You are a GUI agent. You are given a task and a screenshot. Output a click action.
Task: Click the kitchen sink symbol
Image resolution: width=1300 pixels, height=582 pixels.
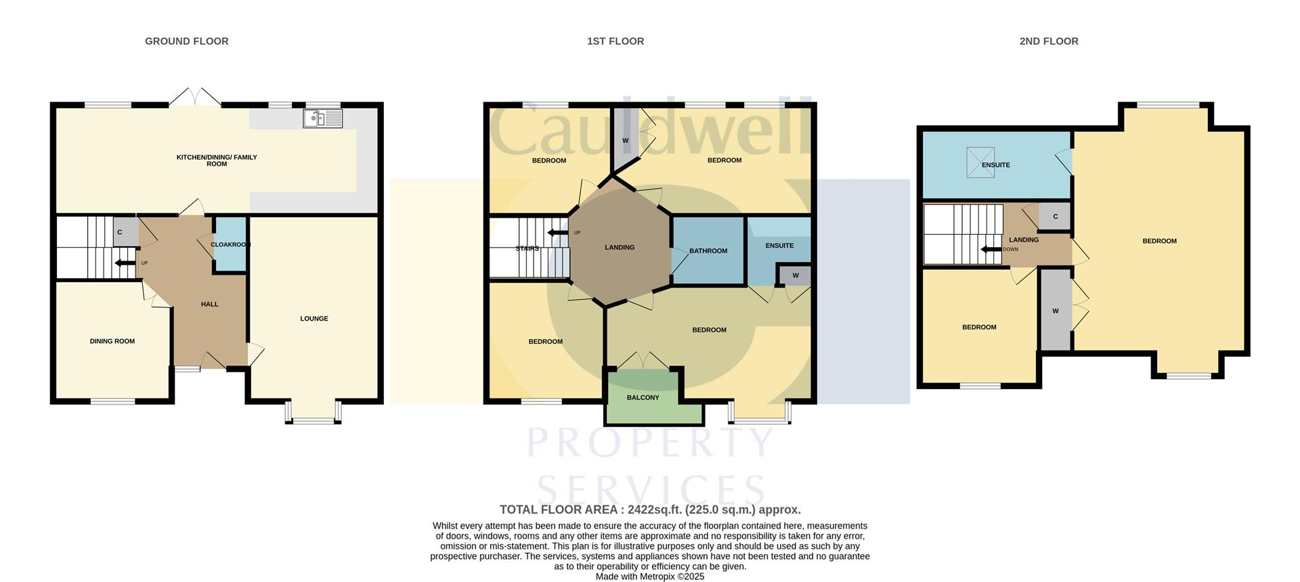pos(323,118)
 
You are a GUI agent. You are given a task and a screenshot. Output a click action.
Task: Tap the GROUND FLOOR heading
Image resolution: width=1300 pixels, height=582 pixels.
pos(187,41)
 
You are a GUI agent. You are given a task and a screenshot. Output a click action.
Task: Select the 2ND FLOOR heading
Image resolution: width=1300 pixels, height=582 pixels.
pos(1049,41)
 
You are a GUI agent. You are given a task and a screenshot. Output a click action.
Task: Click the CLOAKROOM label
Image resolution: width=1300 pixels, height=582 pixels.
pos(230,244)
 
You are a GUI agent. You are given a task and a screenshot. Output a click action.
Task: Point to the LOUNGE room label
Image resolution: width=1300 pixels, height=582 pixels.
pos(314,319)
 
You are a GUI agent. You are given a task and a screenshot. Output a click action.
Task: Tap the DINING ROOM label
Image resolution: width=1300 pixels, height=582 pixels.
pos(112,341)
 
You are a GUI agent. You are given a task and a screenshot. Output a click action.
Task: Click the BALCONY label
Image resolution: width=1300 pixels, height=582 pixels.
pos(643,398)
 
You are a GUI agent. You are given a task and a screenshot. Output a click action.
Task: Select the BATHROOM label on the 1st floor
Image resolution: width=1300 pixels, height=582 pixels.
pos(708,251)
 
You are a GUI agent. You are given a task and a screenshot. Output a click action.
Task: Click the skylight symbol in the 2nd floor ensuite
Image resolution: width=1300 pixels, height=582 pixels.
pos(980,162)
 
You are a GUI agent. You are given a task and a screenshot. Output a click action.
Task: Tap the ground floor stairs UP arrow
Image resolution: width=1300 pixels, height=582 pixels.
pos(125,263)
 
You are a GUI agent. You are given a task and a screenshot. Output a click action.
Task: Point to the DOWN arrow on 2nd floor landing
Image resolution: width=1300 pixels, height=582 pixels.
pos(991,249)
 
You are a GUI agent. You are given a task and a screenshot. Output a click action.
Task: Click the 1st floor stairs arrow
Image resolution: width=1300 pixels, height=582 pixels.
pos(558,233)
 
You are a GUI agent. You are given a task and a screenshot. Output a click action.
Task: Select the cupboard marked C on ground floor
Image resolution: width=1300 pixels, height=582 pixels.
pos(120,232)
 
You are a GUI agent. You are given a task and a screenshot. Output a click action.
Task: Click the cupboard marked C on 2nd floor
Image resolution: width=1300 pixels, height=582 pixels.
pos(1055,217)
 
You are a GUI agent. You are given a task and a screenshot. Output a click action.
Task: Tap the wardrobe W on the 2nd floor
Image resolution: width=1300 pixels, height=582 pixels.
pos(1056,311)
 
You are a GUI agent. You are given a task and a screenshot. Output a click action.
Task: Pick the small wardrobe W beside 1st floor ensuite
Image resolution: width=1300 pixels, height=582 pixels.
pos(796,275)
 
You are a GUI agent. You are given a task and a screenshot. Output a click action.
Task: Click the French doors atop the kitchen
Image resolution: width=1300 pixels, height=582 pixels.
pos(195,97)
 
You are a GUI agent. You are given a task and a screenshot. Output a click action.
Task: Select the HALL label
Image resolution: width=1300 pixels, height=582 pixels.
pos(210,305)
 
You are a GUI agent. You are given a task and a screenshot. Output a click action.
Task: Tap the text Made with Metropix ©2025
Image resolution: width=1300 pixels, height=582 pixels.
pos(650,577)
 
